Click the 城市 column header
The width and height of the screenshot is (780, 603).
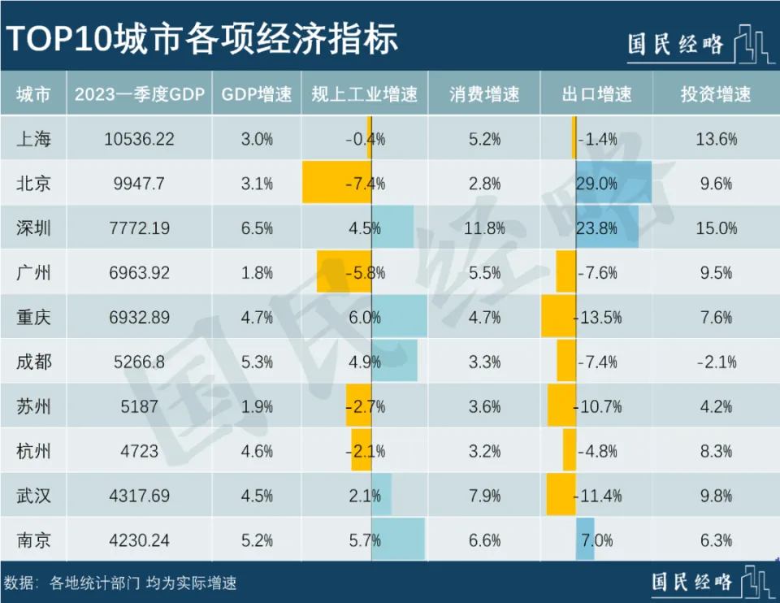[33, 94]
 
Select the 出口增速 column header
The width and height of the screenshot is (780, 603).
[596, 94]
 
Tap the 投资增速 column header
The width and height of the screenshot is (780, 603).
[716, 94]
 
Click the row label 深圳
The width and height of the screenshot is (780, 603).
[33, 228]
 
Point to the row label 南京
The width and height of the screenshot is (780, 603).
[33, 540]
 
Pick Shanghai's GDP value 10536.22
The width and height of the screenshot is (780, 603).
[139, 139]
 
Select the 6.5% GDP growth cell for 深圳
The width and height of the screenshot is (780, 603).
[257, 228]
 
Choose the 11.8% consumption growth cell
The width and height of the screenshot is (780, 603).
[484, 228]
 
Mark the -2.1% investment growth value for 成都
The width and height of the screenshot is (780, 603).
[716, 362]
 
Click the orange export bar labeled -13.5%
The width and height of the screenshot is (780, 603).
[558, 316]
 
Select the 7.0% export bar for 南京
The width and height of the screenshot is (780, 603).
[585, 540]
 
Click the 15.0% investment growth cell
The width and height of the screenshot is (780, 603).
[716, 228]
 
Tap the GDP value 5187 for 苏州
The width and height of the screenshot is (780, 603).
[139, 406]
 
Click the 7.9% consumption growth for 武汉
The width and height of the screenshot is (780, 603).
[484, 496]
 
